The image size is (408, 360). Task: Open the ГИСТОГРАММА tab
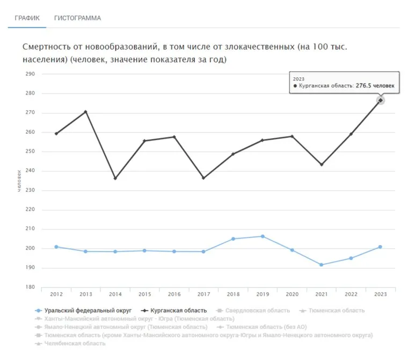(x=77, y=18)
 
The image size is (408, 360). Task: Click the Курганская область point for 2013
(x=85, y=112)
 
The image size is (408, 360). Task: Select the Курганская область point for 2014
(x=115, y=178)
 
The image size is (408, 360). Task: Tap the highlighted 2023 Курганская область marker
(x=380, y=100)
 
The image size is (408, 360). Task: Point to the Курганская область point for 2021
(x=322, y=164)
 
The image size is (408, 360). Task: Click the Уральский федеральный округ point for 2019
(x=263, y=236)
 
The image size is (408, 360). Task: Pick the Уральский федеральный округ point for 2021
(x=322, y=265)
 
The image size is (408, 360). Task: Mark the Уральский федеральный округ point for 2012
(x=56, y=247)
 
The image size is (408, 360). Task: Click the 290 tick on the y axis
(x=30, y=74)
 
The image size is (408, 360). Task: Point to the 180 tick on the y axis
(x=30, y=287)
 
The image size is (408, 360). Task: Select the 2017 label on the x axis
(x=203, y=294)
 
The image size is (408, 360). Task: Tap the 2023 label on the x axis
(x=381, y=294)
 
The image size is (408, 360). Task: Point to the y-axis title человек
(x=20, y=182)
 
